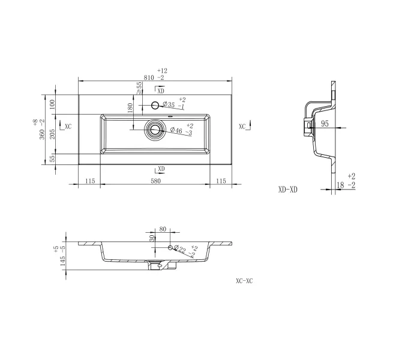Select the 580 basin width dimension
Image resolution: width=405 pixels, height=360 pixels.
point(156,181)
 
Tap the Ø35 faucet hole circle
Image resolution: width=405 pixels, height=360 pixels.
point(155,105)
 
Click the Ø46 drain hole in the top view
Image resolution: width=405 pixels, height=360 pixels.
point(154,130)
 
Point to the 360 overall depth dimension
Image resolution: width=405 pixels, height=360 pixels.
point(42,134)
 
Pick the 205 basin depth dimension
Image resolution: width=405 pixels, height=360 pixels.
point(52,134)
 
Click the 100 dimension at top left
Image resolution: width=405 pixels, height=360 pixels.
point(52,104)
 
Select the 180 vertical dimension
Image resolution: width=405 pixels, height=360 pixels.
point(130,107)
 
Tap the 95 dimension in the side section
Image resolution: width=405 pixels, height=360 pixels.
point(325,124)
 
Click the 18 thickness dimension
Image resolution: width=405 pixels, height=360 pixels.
point(340,185)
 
